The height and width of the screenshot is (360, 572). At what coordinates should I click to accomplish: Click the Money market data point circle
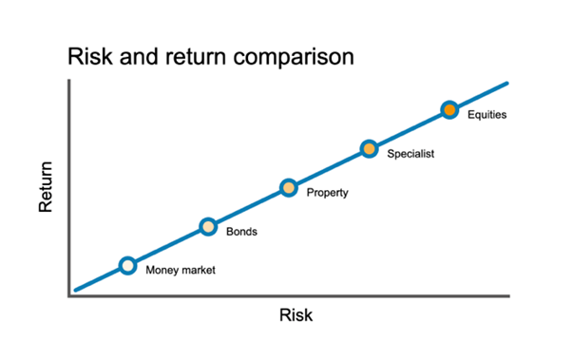pos(127,265)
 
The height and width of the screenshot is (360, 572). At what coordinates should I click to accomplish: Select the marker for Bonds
pos(208,226)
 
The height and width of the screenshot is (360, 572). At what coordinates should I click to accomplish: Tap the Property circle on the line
pos(289,187)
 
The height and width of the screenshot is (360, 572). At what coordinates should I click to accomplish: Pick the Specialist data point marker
pos(369,148)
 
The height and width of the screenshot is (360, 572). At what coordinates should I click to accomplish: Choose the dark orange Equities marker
pos(449,109)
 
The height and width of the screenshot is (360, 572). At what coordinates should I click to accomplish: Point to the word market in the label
pos(198,270)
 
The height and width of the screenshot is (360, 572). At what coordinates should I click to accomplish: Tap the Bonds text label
pos(241,231)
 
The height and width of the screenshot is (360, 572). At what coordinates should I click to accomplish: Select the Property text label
pos(328,193)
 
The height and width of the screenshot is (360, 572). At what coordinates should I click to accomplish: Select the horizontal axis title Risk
pos(296,314)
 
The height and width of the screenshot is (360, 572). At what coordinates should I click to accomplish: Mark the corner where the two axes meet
pos(69,296)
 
